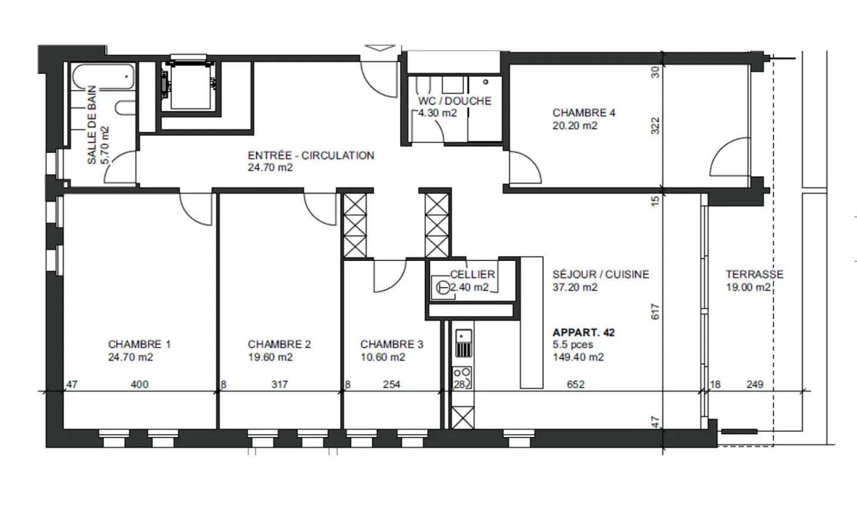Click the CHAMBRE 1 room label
(139, 344)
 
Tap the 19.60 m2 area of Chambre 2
(270, 357)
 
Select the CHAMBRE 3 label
(392, 344)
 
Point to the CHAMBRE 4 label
(583, 113)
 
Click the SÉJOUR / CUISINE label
(600, 274)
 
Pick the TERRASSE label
(754, 274)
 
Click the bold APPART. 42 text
(583, 333)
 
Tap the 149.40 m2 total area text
(578, 357)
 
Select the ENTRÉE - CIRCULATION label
(311, 155)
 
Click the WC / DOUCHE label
(455, 101)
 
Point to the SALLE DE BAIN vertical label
(92, 125)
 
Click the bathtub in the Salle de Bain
(104, 77)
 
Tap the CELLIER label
(473, 274)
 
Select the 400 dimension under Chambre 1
(139, 385)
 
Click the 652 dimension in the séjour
(575, 385)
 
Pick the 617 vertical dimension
(655, 311)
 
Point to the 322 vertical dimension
(655, 126)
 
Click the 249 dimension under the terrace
(755, 385)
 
